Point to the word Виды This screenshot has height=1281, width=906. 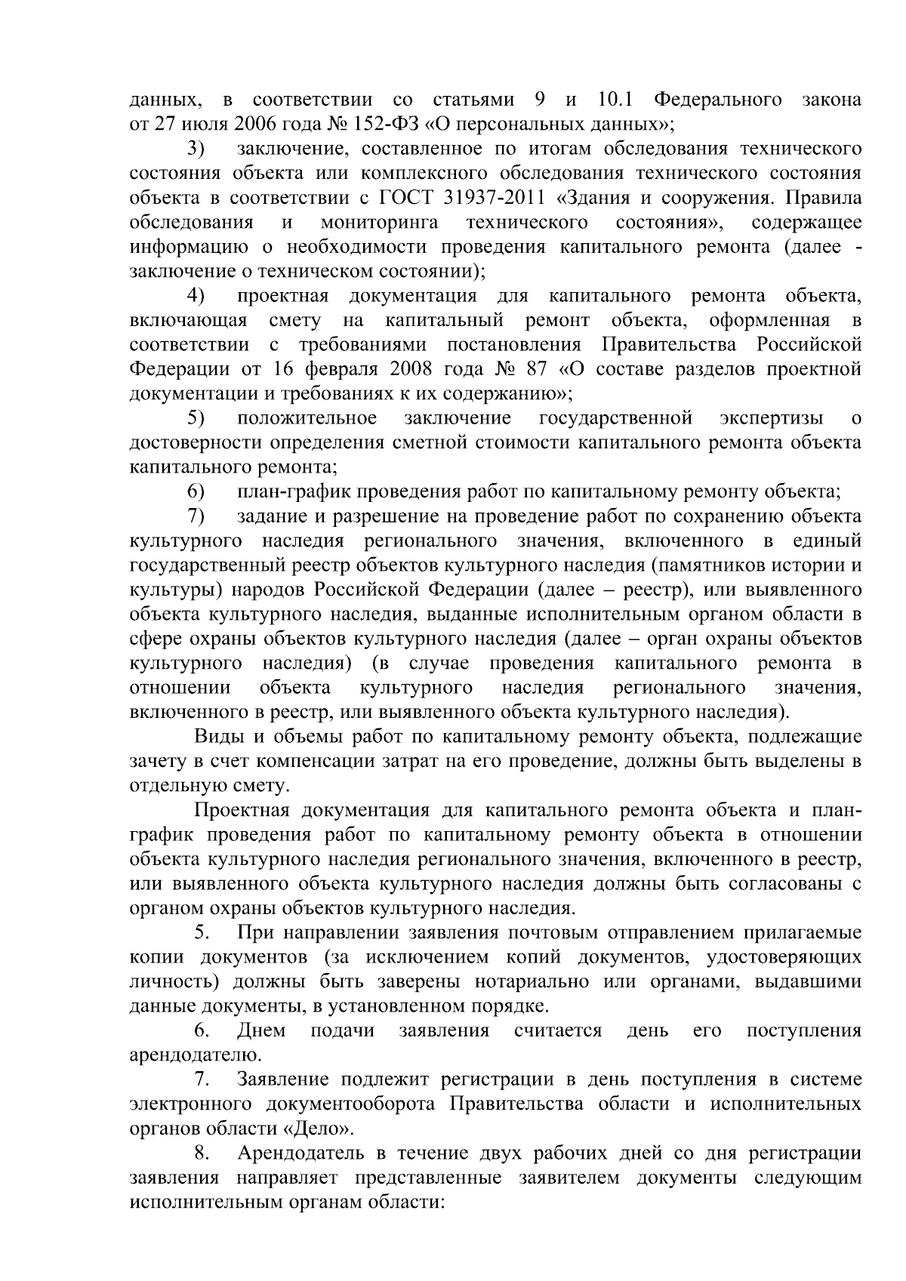[217, 736]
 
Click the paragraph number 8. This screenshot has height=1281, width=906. [201, 1153]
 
